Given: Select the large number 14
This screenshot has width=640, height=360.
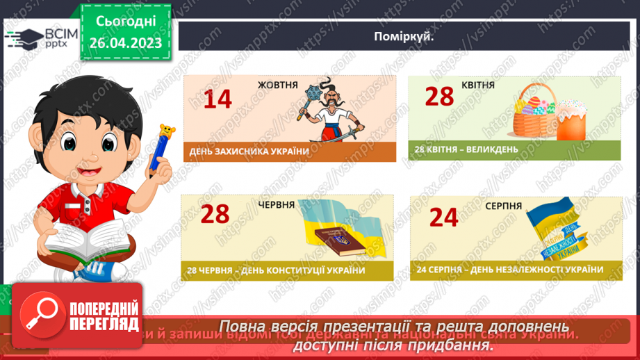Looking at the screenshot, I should pyautogui.click(x=218, y=99).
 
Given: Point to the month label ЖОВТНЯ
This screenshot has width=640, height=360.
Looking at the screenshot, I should pyautogui.click(x=277, y=85).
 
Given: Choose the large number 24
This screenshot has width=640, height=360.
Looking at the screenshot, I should pyautogui.click(x=443, y=218).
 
